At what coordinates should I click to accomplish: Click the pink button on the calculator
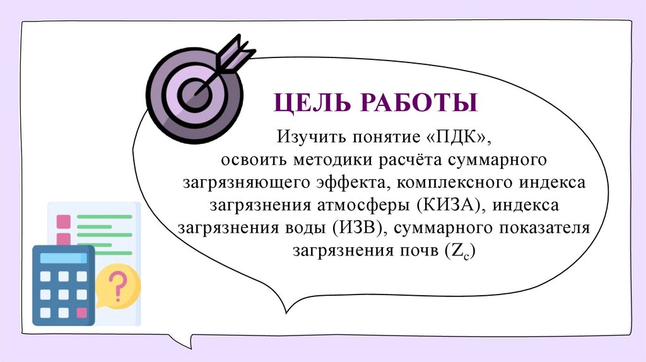[81, 312]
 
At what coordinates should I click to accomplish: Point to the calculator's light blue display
[63, 257]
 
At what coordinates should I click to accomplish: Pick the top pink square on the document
[64, 221]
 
